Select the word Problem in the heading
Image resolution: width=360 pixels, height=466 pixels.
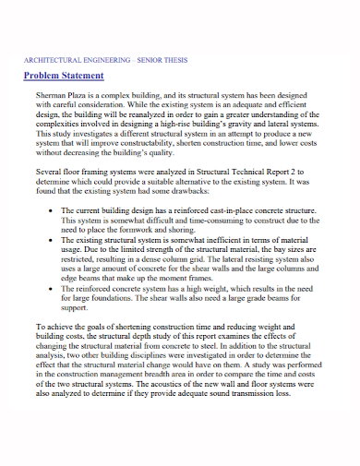[x=42, y=75]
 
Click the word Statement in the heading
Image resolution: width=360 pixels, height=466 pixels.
[x=84, y=75]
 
